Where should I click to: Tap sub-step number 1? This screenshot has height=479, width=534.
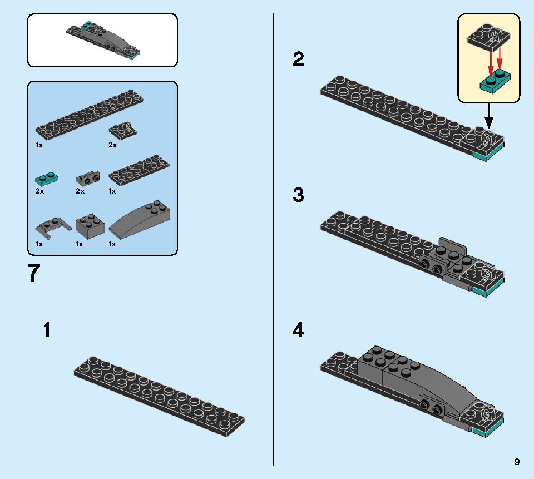47,330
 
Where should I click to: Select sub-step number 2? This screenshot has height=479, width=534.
299,59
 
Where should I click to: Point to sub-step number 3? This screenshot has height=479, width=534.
299,195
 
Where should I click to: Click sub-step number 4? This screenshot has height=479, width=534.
299,330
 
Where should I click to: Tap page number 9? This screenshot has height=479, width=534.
517,461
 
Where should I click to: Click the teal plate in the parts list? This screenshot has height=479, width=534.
47,179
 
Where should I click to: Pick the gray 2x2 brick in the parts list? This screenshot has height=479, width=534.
90,225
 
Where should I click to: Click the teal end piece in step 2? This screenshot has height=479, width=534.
488,155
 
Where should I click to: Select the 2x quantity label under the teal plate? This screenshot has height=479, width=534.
39,191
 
